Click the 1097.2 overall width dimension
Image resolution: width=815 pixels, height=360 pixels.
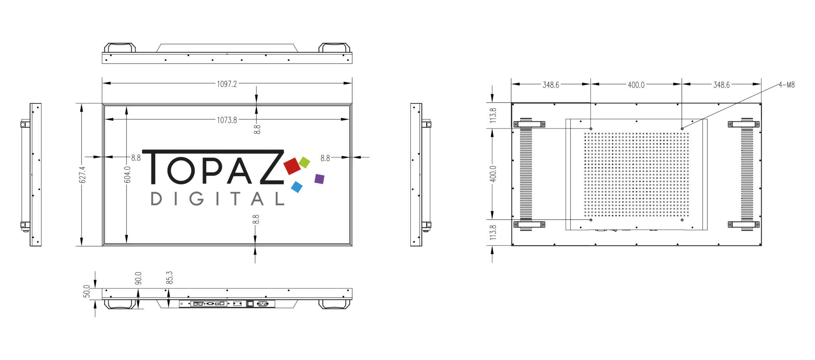point(227,84)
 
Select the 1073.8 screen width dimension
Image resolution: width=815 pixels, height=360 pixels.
point(227,120)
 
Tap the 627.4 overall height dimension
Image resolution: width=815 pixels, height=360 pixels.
point(82,175)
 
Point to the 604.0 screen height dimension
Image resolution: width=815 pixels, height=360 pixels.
point(127,175)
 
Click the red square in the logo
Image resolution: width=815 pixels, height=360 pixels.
point(292,166)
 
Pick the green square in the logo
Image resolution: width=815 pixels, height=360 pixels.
point(304,162)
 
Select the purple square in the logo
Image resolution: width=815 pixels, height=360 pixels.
point(319,179)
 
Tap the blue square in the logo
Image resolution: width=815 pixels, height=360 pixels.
point(297,187)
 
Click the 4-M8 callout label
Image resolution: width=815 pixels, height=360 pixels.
point(786,85)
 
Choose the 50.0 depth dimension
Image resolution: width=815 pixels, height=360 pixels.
point(87,291)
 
